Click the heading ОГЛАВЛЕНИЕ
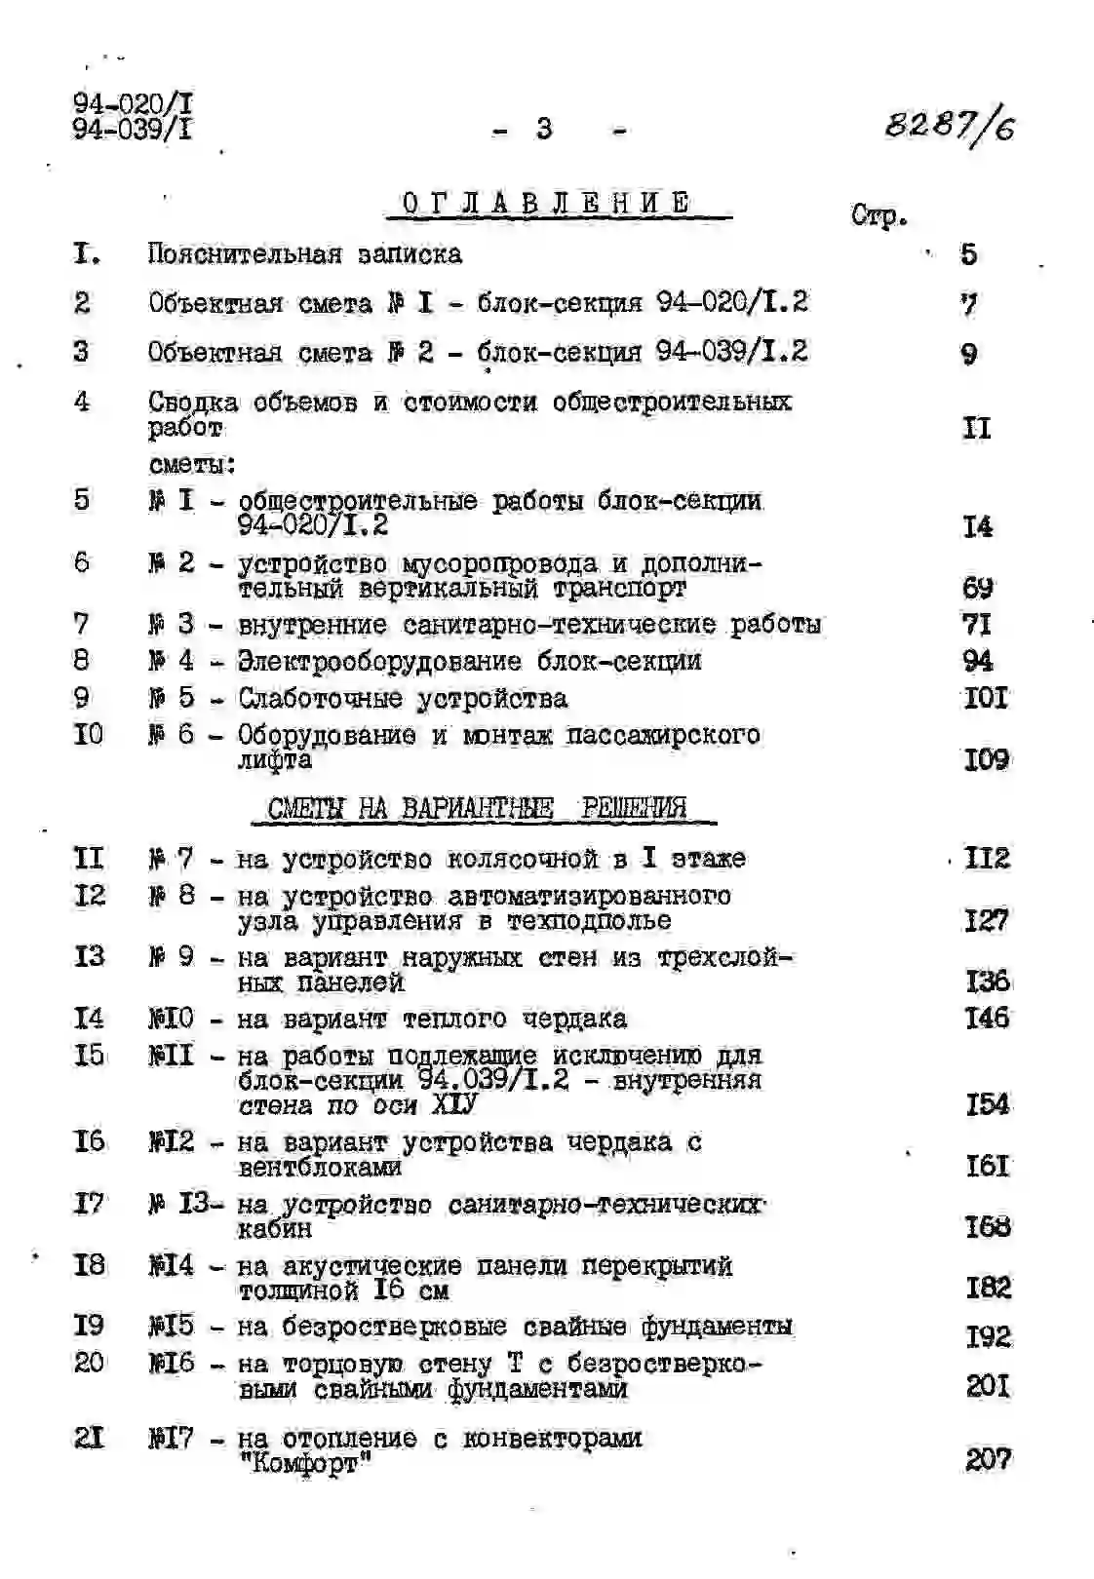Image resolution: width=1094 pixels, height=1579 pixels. tap(546, 203)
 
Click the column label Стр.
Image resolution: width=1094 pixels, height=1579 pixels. tap(879, 215)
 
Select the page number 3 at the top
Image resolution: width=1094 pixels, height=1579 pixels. tap(544, 129)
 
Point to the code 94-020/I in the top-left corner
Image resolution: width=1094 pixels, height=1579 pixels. tap(133, 103)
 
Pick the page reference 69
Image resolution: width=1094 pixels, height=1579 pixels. tap(977, 588)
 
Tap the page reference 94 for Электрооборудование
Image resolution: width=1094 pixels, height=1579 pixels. tap(977, 661)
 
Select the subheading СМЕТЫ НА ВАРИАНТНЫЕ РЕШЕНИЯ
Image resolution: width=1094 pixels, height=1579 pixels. tap(477, 808)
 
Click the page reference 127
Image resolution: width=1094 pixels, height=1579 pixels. tap(986, 920)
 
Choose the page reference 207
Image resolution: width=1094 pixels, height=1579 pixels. tap(988, 1459)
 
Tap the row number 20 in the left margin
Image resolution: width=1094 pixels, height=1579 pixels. tap(89, 1362)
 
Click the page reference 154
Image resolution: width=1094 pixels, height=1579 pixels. tap(987, 1104)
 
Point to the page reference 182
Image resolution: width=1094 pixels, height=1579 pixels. tap(988, 1288)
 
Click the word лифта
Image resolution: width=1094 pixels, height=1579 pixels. tap(275, 760)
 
